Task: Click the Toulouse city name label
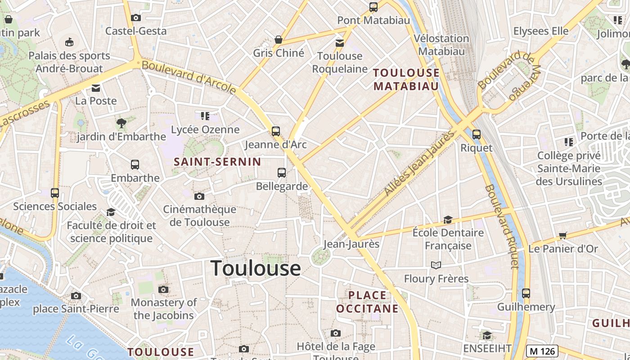click(256, 268)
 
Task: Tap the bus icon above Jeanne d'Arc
click(276, 131)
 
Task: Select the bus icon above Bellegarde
click(282, 173)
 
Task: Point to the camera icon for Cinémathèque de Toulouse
click(199, 196)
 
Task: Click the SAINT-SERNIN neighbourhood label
click(217, 162)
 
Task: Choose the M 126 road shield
click(542, 351)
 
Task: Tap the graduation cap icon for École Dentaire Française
click(448, 220)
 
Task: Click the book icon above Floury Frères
click(436, 265)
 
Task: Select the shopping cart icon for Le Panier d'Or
click(563, 235)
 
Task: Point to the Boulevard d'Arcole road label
click(189, 77)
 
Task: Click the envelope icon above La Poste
click(96, 88)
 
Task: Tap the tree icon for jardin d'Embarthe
click(121, 122)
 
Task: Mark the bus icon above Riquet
click(477, 134)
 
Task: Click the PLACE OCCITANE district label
click(367, 302)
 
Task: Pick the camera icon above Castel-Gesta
click(135, 18)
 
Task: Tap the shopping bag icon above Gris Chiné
click(279, 40)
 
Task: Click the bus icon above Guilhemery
click(526, 293)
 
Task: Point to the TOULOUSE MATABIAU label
click(406, 79)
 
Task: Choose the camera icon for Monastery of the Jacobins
click(163, 289)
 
